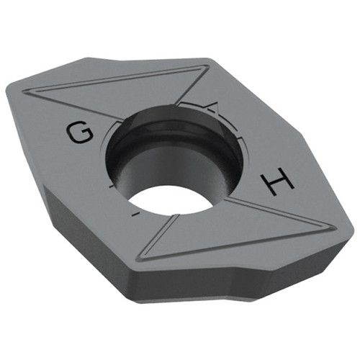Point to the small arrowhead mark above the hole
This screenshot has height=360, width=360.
(212, 109)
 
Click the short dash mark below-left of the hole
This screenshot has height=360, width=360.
(132, 215)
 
